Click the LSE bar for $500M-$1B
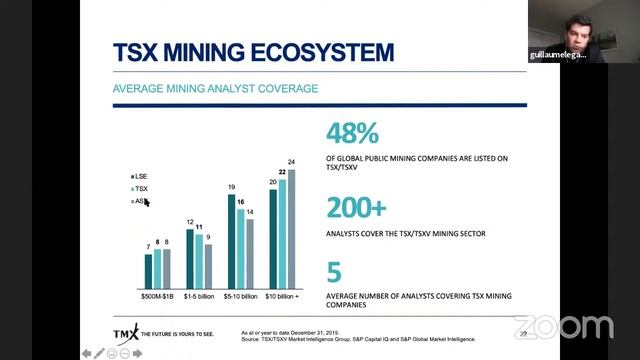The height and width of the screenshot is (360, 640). pos(148,269)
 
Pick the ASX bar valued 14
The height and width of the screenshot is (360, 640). pos(249,252)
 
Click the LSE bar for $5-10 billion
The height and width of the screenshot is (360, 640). pos(231,240)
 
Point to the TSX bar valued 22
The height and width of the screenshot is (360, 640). pos(282,232)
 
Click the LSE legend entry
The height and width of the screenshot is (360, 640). pos(138,176)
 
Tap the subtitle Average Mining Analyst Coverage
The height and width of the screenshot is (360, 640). pos(215,89)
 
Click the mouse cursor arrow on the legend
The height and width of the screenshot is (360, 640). pos(146,203)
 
